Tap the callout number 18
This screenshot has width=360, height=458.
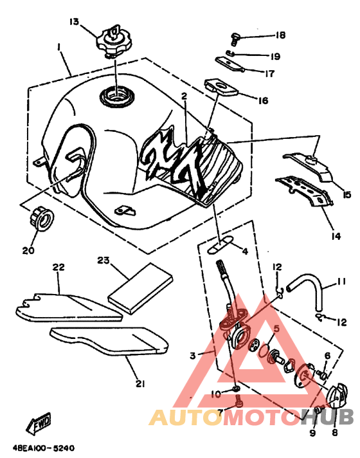[280, 35]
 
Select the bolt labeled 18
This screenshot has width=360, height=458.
[235, 39]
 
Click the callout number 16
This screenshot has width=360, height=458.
[263, 101]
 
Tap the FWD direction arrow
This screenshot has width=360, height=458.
[38, 423]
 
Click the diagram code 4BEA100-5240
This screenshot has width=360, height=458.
[44, 448]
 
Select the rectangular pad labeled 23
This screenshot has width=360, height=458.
[140, 288]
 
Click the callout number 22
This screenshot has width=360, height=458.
[59, 267]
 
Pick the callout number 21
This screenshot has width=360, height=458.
[140, 384]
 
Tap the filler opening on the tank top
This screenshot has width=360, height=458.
[117, 96]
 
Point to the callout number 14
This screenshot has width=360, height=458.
[336, 236]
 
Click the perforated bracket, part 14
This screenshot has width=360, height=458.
[305, 191]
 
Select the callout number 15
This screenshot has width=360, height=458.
[346, 194]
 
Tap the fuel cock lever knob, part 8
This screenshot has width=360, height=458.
[338, 393]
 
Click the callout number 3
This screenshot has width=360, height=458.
[193, 356]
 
